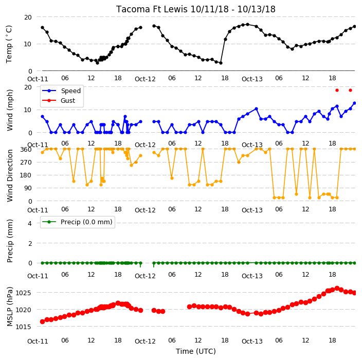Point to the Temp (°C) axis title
click(x=9, y=44)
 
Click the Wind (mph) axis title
click(x=9, y=110)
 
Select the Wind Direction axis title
click(x=9, y=175)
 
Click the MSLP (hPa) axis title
click(x=9, y=307)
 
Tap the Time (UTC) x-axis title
click(x=196, y=351)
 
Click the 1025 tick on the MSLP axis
click(x=23, y=293)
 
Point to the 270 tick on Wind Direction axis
click(x=26, y=163)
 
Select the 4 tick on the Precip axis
click(x=30, y=223)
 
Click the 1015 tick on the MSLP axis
click(x=23, y=327)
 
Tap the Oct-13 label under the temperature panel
click(x=252, y=79)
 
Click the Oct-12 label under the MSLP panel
click(x=145, y=341)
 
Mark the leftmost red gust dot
click(x=337, y=91)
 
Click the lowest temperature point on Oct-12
click(x=221, y=63)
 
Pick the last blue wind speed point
click(x=355, y=103)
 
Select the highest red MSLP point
click(x=337, y=288)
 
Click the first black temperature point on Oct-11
click(x=43, y=27)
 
